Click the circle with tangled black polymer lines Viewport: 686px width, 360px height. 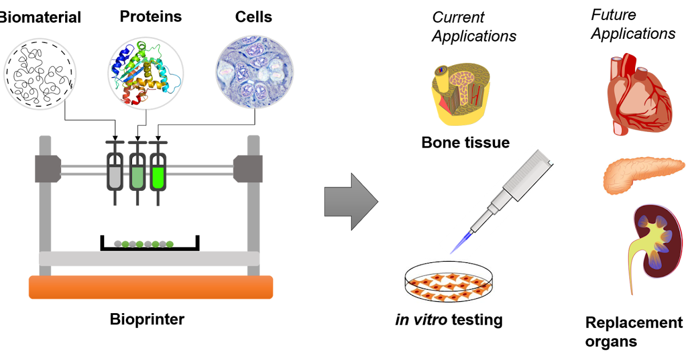click(40, 74)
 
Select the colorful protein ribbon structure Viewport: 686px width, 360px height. click(146, 73)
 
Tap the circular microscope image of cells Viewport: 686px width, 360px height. click(254, 73)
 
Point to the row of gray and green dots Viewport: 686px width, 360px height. click(143, 244)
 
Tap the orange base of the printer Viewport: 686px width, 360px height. click(151, 287)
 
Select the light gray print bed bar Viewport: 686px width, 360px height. click(149, 258)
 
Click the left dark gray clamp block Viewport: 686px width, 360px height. click(47, 169)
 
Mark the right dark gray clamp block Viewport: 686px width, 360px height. click(248, 169)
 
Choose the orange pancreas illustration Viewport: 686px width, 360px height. click(643, 175)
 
